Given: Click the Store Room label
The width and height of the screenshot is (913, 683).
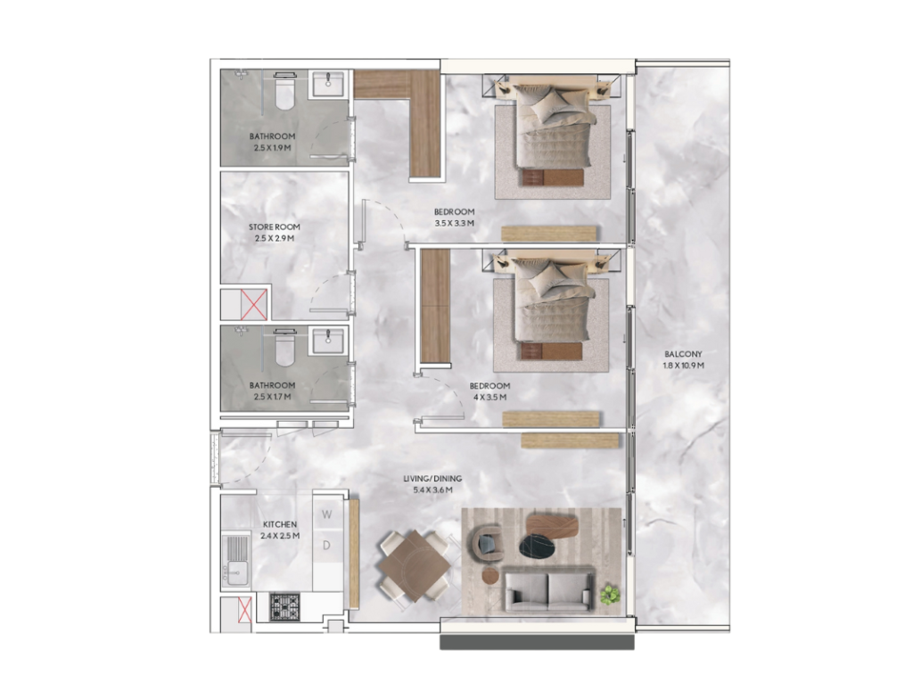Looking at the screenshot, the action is click(x=275, y=227).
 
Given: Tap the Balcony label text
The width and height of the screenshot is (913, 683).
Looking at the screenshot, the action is click(x=684, y=354).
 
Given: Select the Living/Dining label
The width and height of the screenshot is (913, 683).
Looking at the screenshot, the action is click(x=432, y=479).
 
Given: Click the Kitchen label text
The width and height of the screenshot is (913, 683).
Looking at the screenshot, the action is click(x=279, y=524).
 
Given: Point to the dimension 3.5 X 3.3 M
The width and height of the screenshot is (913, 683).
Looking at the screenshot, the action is click(x=454, y=223).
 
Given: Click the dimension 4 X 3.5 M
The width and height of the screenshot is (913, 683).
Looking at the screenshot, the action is click(x=489, y=397).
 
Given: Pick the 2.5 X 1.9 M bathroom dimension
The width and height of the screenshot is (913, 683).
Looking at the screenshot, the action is click(x=272, y=148).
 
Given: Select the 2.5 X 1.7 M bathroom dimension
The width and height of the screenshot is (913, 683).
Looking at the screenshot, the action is click(x=272, y=397).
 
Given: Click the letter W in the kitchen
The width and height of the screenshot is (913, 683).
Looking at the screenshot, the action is click(x=326, y=514).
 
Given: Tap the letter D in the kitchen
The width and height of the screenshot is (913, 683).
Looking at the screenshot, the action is click(x=326, y=546).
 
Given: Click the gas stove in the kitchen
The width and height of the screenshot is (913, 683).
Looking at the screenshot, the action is click(x=284, y=606).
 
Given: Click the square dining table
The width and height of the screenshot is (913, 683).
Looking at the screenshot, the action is click(x=414, y=566).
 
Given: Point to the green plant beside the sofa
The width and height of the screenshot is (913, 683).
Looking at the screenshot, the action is click(x=610, y=595).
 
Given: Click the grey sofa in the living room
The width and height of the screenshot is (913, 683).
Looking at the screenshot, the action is click(x=549, y=590).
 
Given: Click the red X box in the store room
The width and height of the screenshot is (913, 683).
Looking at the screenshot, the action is click(x=254, y=305).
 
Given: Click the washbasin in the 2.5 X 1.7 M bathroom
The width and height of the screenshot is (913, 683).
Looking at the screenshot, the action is click(x=328, y=341).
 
